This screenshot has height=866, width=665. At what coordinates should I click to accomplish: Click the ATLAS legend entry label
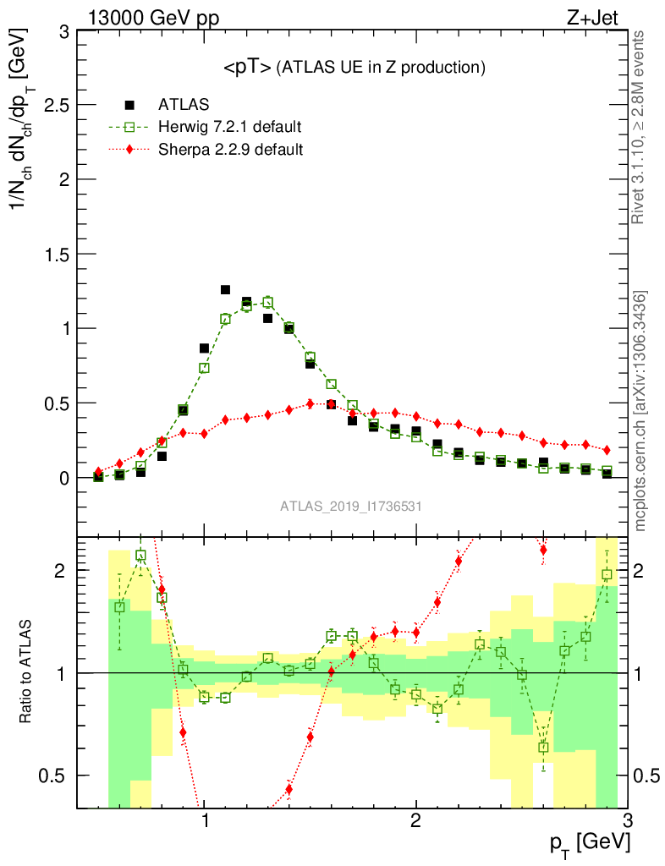coord(184,105)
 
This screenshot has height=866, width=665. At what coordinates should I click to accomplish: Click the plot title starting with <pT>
coord(354,67)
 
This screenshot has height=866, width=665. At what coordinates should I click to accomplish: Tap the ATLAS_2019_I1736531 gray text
coord(351,507)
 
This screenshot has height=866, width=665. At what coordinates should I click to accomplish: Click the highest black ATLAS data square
coord(226,290)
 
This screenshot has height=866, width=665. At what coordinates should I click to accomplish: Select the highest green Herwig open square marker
coord(268,302)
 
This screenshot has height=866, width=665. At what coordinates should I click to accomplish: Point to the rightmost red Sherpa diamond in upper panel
coord(607,450)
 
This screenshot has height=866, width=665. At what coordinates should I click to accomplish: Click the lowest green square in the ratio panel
coord(543,747)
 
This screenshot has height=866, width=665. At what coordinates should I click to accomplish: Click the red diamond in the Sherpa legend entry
coord(129,150)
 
